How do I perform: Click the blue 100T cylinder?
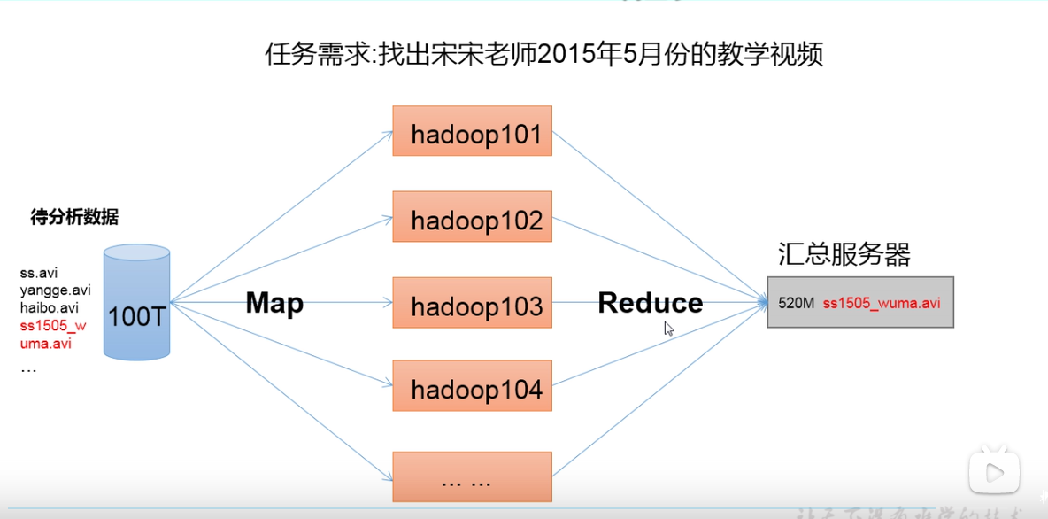136,303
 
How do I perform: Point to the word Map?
274,304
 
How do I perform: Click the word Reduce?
651,303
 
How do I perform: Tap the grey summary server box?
860,302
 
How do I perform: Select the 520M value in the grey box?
796,303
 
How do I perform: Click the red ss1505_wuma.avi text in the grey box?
882,303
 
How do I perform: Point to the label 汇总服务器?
844,255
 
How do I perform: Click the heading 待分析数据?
74,217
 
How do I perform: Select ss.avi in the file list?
38,273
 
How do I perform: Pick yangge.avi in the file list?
55,290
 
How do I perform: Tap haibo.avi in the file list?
50,308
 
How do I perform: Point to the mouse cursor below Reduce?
668,328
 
